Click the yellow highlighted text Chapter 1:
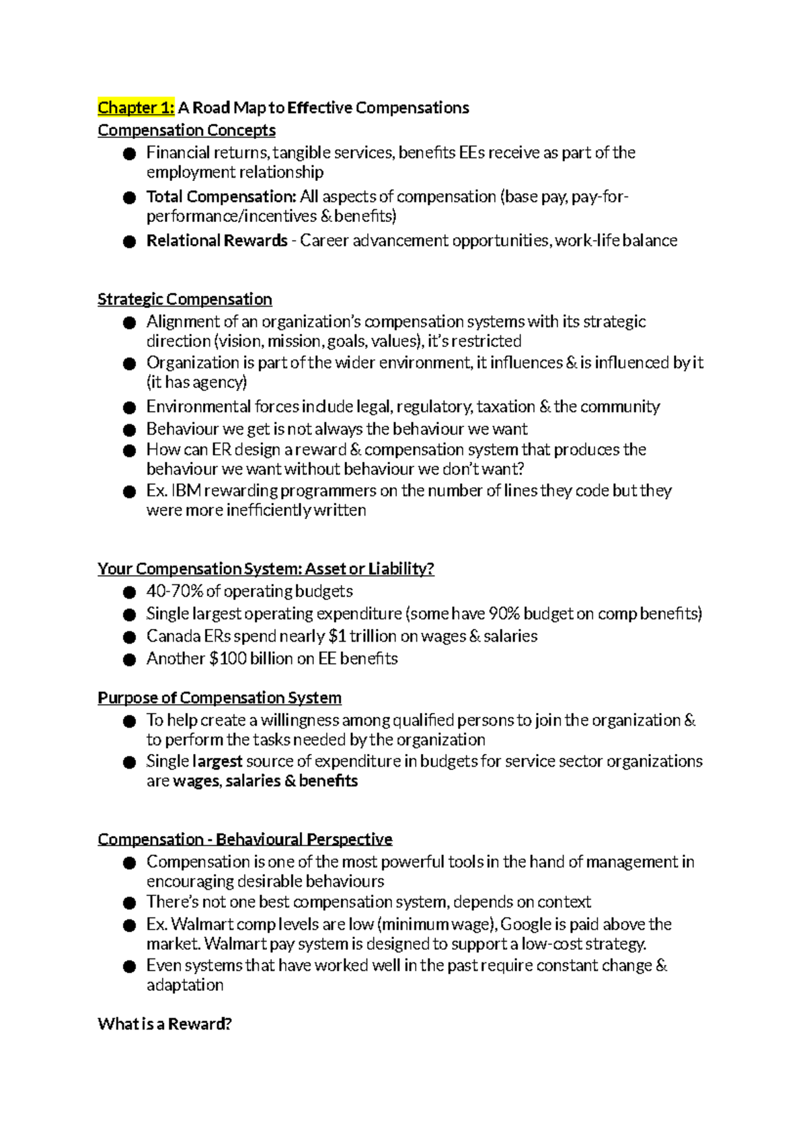(136, 108)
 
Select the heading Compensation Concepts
(186, 130)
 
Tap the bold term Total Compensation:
(221, 196)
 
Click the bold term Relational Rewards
(217, 241)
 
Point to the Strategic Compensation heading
(184, 299)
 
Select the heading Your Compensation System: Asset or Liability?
(266, 569)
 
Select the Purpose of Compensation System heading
(219, 697)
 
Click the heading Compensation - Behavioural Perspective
(245, 839)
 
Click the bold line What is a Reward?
(165, 1024)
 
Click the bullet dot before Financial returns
(130, 154)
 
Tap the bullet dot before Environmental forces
(130, 408)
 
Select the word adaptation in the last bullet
(185, 985)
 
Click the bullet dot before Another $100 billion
(130, 659)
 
